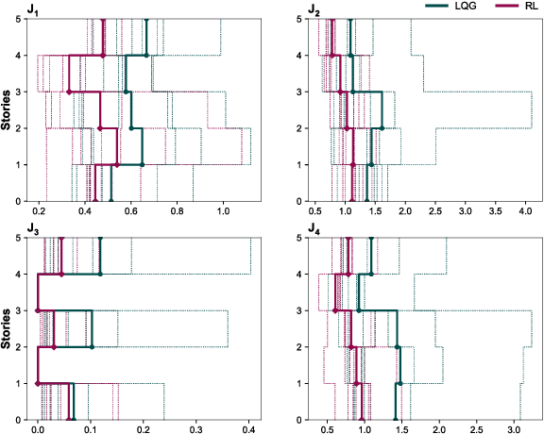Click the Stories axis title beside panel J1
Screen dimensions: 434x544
tap(8, 110)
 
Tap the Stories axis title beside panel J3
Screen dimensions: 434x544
tap(8, 329)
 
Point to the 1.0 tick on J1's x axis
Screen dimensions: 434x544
tap(223, 213)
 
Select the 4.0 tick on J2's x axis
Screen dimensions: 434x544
tap(525, 213)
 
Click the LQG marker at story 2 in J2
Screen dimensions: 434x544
tap(382, 128)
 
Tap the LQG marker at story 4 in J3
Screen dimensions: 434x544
tap(101, 275)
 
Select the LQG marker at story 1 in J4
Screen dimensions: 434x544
tap(400, 383)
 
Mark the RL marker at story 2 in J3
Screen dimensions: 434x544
tap(54, 347)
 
